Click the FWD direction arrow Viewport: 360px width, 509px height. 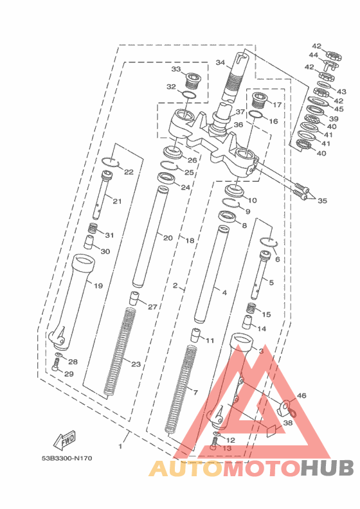tap(64, 440)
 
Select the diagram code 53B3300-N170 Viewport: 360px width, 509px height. tap(67, 458)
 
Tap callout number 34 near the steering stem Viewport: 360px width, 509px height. tap(220, 62)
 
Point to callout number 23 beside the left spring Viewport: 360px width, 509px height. tap(136, 364)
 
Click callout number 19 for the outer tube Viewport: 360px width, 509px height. tap(98, 285)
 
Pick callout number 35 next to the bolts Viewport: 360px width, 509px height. tap(322, 201)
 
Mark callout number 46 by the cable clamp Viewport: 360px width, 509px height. tap(301, 395)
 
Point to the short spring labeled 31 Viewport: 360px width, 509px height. tap(93, 229)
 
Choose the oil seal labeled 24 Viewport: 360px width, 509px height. tap(166, 178)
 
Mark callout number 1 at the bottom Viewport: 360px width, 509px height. tap(120, 447)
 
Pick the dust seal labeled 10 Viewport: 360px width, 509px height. tap(235, 190)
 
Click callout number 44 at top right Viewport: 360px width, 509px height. tap(313, 55)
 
